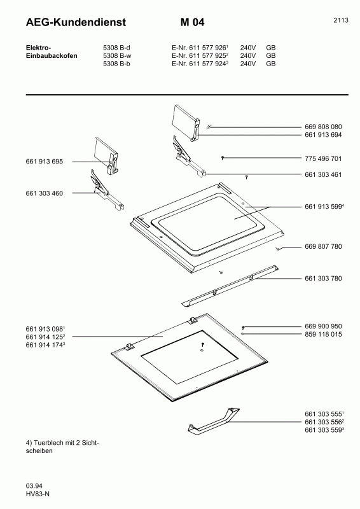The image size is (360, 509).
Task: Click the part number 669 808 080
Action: click(x=323, y=127)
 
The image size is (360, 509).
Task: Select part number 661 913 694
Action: click(x=323, y=135)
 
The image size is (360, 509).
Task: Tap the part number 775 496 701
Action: click(x=323, y=158)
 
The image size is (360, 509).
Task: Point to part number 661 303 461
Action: click(x=323, y=174)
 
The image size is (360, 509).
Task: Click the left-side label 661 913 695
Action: click(x=44, y=162)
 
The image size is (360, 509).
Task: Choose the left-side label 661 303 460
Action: click(x=44, y=193)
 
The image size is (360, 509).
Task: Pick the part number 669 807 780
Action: click(x=323, y=247)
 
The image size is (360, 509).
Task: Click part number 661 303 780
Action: click(x=323, y=279)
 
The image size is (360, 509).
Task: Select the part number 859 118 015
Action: click(x=323, y=335)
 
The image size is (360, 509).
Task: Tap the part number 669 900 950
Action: click(x=323, y=326)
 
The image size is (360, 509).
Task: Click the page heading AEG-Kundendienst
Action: click(x=76, y=22)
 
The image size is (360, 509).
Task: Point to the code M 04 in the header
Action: click(x=193, y=22)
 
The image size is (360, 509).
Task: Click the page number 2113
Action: click(x=341, y=20)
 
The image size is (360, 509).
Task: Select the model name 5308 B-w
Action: click(x=117, y=55)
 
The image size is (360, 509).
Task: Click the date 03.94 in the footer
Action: click(x=34, y=486)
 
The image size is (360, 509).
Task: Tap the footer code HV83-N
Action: click(x=38, y=494)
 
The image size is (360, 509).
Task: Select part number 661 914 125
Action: click(x=44, y=337)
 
